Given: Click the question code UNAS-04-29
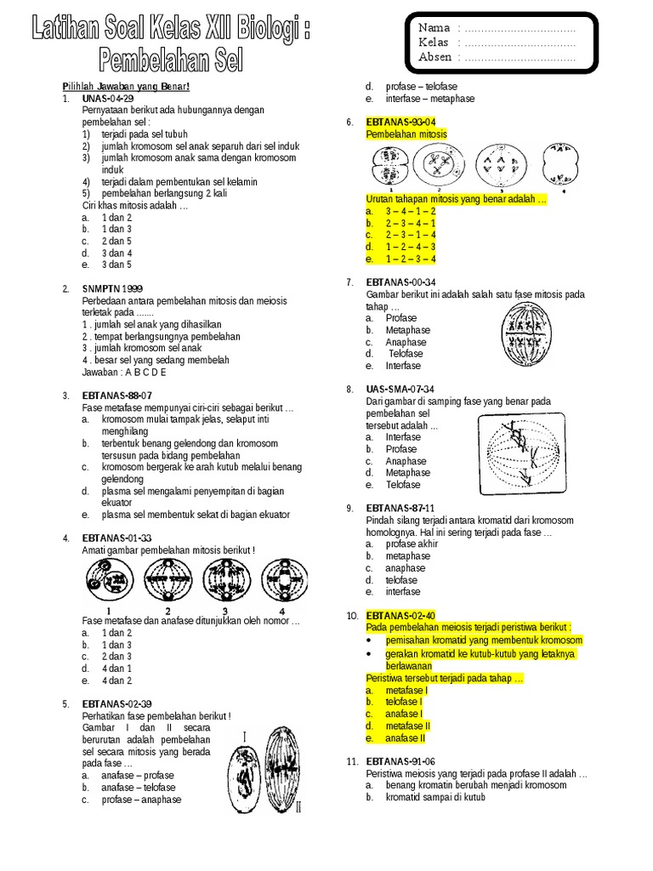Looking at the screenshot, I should (108, 99).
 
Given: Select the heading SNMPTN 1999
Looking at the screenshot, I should (112, 289).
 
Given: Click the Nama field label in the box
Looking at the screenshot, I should (434, 28).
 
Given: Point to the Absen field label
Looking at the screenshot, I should (436, 57).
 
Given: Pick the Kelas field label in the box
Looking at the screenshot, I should (435, 43).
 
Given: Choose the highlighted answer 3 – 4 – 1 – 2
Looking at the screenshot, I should (410, 211).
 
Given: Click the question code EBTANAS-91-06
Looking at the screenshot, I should (400, 761).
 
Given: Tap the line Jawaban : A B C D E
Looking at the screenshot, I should (124, 373).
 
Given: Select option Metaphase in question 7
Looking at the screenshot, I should (408, 330).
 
